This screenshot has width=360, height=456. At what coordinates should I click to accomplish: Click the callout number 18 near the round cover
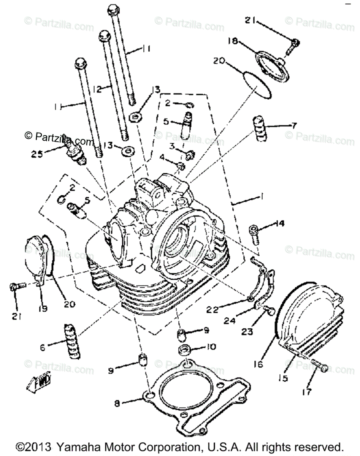(233, 41)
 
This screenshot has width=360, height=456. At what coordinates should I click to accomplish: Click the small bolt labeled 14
(254, 233)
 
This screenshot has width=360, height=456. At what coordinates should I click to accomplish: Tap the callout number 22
(212, 310)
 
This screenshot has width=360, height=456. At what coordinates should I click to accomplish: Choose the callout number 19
(43, 309)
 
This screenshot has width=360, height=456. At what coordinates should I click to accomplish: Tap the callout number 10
(211, 347)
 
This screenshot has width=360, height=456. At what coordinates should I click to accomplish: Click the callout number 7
(294, 125)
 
